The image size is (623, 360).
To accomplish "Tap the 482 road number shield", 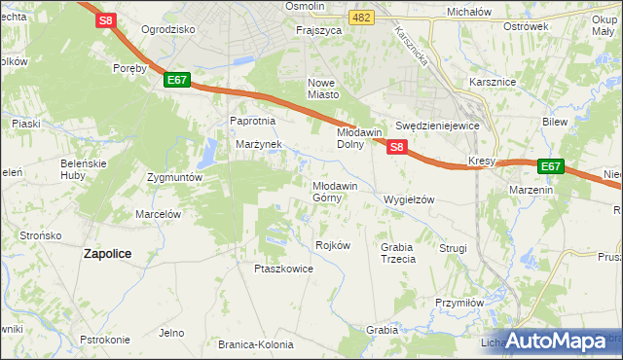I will (362, 18).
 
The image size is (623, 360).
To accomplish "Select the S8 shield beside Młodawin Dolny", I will (396, 146).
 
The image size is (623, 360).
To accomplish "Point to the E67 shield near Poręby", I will (176, 81).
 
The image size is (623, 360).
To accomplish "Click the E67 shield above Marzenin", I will (551, 166).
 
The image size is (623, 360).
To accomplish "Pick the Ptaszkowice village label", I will (283, 269).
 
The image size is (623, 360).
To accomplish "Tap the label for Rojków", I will (333, 245).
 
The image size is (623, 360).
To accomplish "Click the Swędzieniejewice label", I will (438, 126).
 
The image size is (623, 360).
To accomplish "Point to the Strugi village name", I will (454, 248).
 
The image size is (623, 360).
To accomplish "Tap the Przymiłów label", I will (460, 303).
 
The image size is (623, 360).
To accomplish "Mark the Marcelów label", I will (159, 213).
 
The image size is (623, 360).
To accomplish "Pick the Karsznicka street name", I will (412, 48).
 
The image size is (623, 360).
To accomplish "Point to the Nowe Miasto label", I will (323, 89).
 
